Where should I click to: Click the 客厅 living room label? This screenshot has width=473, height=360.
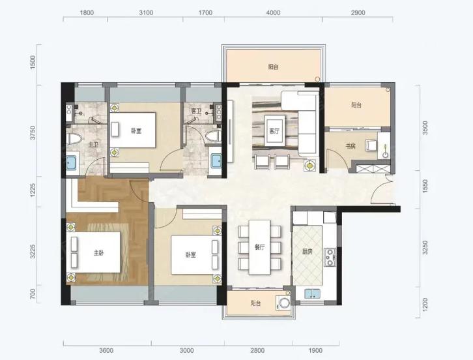274,131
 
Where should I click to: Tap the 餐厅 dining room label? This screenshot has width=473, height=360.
260,247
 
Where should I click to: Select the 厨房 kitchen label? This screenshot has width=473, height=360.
307,252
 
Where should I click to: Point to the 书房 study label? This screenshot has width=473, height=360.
351,147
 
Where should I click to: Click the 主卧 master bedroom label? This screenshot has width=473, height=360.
98,253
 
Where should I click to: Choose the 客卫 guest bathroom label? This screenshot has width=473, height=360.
196,111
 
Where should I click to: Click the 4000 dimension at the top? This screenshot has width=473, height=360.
274,12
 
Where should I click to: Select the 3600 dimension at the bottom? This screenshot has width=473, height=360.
106,350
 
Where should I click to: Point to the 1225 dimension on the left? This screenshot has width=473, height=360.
33,190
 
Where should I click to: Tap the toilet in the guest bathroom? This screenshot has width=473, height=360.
213,136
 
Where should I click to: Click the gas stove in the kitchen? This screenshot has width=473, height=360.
330,258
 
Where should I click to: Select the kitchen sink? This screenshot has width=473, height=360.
313,294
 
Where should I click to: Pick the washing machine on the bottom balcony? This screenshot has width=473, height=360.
283,303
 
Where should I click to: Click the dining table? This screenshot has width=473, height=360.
259,247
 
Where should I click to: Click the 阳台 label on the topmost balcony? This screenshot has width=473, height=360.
273,67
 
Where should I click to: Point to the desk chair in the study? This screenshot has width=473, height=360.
371,145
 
